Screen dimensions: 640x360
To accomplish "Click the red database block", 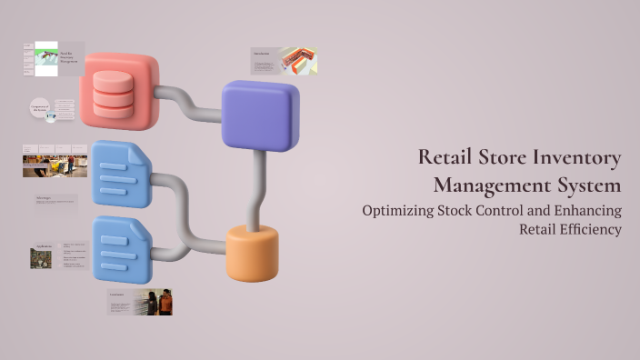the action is point(119,90).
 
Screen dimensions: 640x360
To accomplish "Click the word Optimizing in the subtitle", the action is point(401,210).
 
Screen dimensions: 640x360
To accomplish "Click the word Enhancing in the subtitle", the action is point(585,210).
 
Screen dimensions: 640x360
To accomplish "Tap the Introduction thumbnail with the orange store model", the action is point(284,61).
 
